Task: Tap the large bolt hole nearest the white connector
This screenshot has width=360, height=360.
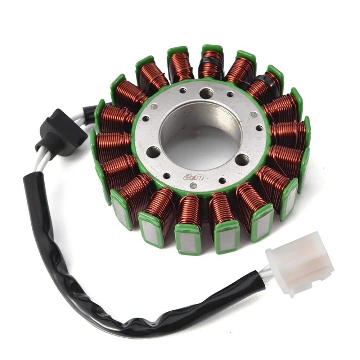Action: (x=242, y=159)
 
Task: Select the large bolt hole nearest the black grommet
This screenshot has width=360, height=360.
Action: (x=153, y=152)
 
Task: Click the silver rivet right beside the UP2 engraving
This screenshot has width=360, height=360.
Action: (x=193, y=186)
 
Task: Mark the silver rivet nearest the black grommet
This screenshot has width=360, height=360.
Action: (x=154, y=106)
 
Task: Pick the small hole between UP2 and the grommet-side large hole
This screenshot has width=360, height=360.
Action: (x=167, y=176)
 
